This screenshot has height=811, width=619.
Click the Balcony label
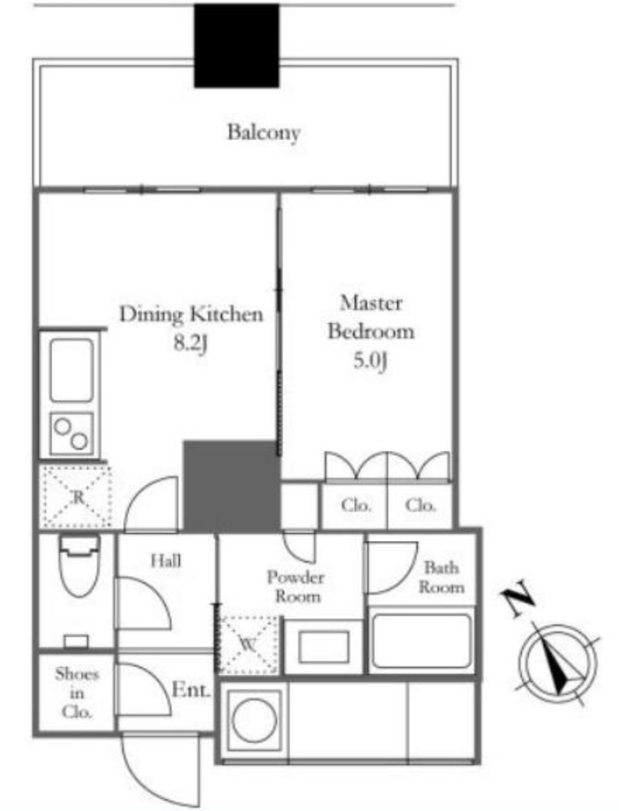point(264,133)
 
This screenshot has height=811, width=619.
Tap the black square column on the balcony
point(237,45)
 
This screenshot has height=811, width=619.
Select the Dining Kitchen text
point(192,314)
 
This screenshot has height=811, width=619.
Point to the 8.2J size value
point(190,344)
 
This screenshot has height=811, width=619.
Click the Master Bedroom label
point(370,317)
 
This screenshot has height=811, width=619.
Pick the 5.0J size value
point(370,361)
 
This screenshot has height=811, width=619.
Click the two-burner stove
point(72,433)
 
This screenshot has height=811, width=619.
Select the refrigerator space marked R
point(77,497)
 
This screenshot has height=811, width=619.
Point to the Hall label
point(166,561)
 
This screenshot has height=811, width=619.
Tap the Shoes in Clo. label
point(77,692)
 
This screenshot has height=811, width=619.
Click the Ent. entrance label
point(192,690)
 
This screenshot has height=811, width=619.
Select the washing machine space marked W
point(247,645)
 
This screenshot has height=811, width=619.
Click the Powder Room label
point(296,587)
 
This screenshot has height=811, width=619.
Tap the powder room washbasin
point(324,646)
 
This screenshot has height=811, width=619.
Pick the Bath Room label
point(442,577)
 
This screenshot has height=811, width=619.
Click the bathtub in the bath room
point(422,641)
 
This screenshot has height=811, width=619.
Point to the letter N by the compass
point(518,599)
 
